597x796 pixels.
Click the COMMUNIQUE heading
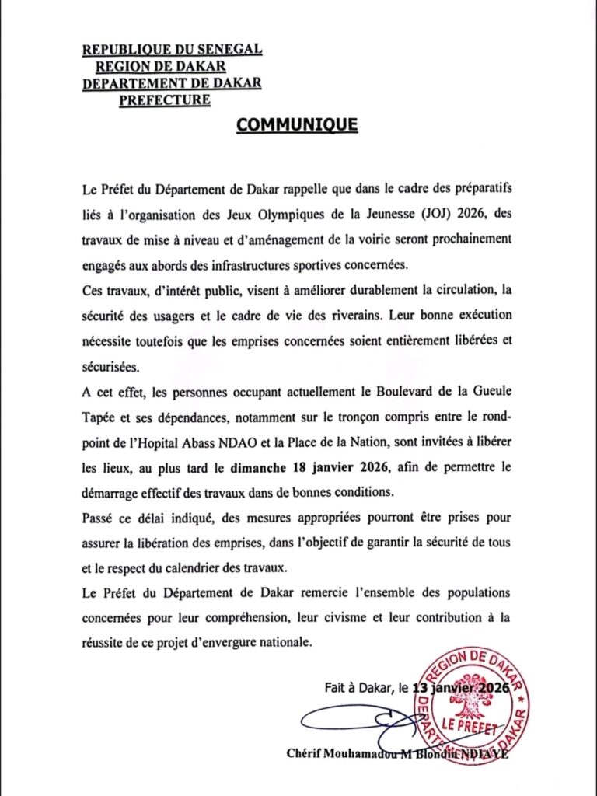[x=297, y=124]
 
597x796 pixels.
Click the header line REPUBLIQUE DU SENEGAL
[x=172, y=51]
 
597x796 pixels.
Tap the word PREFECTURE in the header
[x=164, y=99]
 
